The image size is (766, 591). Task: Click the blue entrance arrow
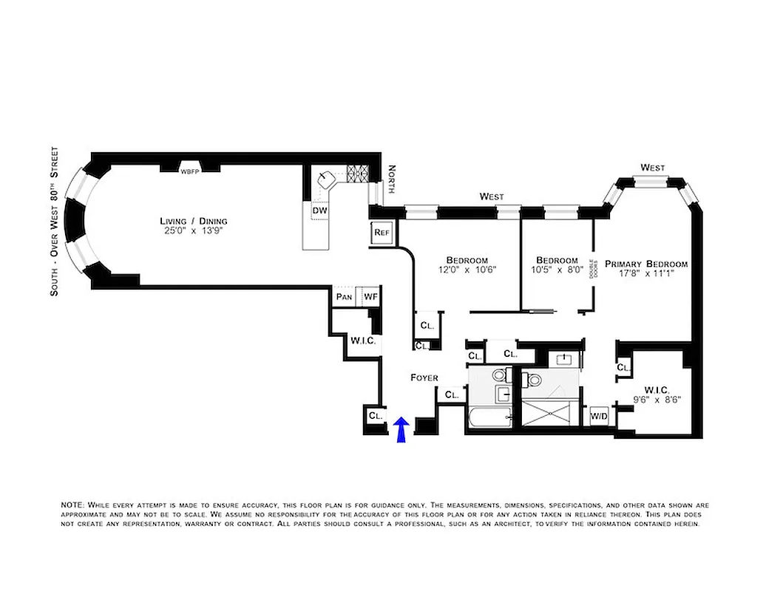(401, 430)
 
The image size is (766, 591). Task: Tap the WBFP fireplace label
(191, 171)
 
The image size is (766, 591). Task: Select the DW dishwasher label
(319, 211)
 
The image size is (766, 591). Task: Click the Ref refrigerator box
(382, 232)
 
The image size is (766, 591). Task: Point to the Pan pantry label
(344, 297)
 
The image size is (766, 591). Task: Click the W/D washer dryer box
(598, 417)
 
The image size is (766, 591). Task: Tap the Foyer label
(424, 378)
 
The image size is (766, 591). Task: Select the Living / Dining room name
(194, 221)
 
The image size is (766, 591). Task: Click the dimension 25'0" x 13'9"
(194, 231)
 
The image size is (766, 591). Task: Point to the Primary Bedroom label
(646, 264)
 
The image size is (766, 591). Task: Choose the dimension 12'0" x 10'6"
(467, 270)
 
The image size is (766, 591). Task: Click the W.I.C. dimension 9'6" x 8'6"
(657, 399)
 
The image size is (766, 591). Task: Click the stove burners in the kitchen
(358, 174)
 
